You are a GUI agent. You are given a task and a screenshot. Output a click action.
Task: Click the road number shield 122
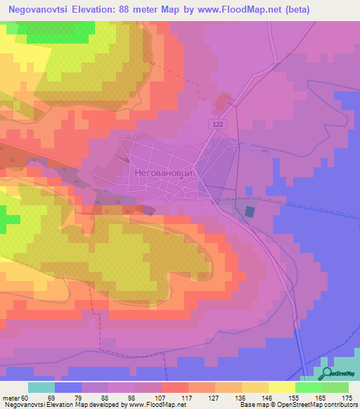pos(219,124)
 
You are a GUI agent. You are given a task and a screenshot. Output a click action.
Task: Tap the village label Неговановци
pos(162,171)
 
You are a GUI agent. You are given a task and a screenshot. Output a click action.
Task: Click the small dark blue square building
pos(250,211)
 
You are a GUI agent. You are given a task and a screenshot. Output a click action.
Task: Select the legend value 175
pos(347,398)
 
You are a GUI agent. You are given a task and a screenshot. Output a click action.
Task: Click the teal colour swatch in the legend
pos(41,387)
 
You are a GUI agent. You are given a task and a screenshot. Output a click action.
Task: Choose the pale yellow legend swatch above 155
pos(281,387)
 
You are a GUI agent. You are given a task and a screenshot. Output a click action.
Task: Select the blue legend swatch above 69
pos(68,387)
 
